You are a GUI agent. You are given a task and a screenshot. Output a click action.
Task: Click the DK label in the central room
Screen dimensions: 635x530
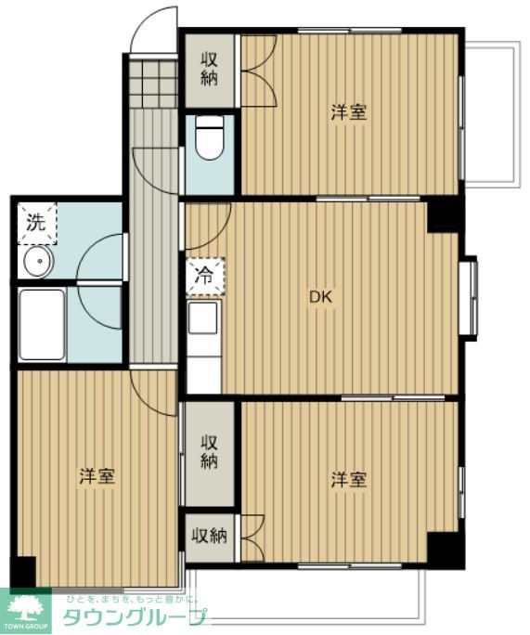coord(320,298)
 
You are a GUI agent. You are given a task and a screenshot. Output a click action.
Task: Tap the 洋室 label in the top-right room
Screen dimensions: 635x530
coord(349,113)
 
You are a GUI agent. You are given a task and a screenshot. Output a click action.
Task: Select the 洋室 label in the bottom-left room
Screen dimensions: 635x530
coord(97,477)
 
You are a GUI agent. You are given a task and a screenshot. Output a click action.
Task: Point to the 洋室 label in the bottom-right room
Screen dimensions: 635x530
coord(349,480)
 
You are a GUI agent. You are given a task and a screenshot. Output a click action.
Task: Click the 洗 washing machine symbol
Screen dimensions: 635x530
coord(35,223)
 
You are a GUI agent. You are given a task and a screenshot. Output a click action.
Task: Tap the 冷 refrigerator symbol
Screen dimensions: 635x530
coord(204,276)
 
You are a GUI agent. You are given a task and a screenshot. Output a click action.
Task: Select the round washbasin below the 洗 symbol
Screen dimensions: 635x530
coord(38,262)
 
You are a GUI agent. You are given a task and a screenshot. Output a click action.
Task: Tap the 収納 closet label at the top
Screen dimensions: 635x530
coord(210,70)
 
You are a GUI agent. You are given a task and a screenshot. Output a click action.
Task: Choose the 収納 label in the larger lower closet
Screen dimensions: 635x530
coord(210,452)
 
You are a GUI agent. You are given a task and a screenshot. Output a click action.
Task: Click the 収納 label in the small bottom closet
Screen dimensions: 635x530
coord(210,536)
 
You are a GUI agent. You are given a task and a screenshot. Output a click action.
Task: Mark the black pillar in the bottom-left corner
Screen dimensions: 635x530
coord(22,570)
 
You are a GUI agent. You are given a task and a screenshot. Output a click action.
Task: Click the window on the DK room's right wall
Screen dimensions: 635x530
coord(470,297)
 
